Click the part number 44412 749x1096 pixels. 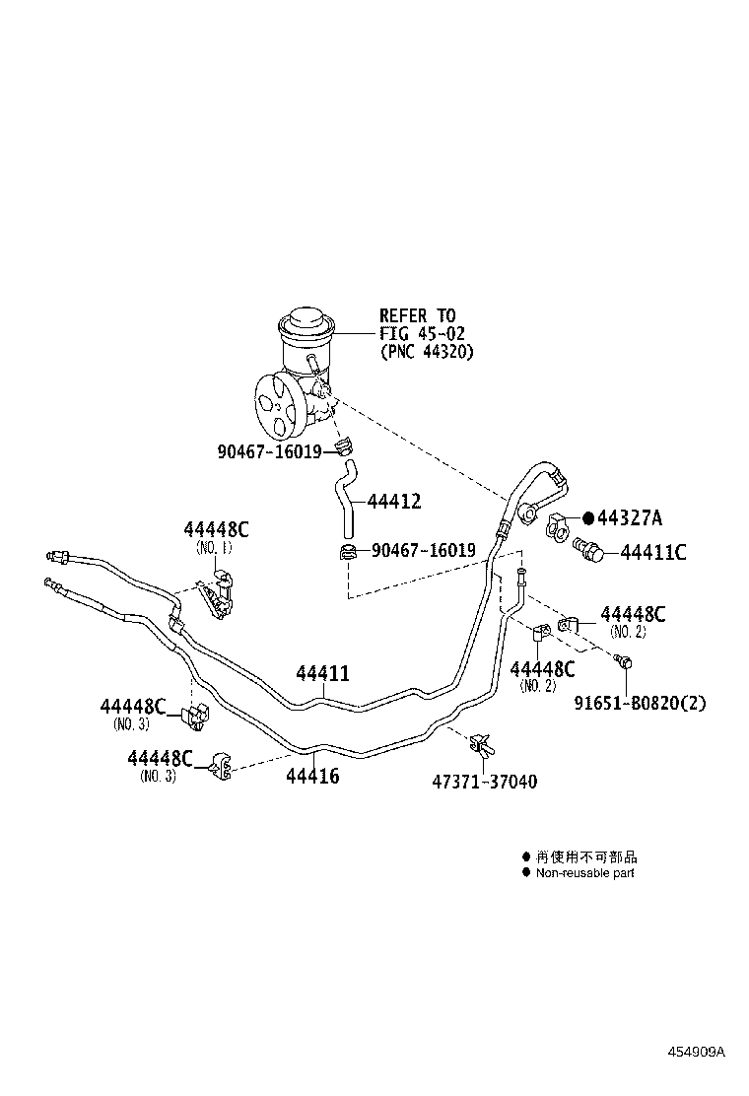394,502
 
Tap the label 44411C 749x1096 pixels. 652,552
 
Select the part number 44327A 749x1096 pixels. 631,518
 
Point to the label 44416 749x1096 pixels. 312,777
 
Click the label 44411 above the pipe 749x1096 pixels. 323,674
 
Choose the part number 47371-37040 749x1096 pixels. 485,782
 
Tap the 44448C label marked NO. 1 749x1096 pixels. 216,529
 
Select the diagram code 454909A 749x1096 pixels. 694,1052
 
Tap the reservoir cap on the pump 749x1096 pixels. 306,324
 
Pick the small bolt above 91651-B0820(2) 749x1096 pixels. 621,661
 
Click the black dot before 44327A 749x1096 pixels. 588,518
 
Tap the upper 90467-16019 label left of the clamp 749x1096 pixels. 269,451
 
